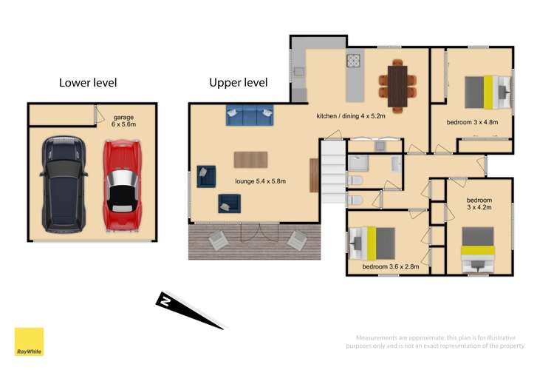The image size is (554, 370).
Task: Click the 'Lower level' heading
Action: [x=88, y=83]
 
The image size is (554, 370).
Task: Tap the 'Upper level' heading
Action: [x=238, y=83]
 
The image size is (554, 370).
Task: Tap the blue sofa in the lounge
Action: [x=249, y=115]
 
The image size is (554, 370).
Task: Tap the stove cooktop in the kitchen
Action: [x=353, y=61]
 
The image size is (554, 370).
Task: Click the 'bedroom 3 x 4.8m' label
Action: [x=472, y=121]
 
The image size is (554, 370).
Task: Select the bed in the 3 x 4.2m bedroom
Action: [x=477, y=249]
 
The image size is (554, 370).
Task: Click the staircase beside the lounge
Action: [x=332, y=170]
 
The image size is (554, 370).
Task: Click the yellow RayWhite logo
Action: [x=29, y=342]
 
